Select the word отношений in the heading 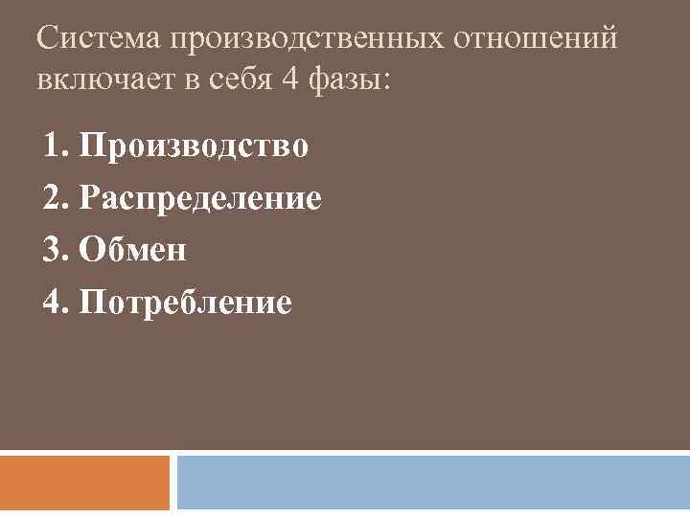(536, 40)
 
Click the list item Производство (195, 146)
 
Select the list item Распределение (201, 199)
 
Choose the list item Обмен (134, 251)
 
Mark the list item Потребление (187, 303)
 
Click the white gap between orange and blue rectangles (173, 483)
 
